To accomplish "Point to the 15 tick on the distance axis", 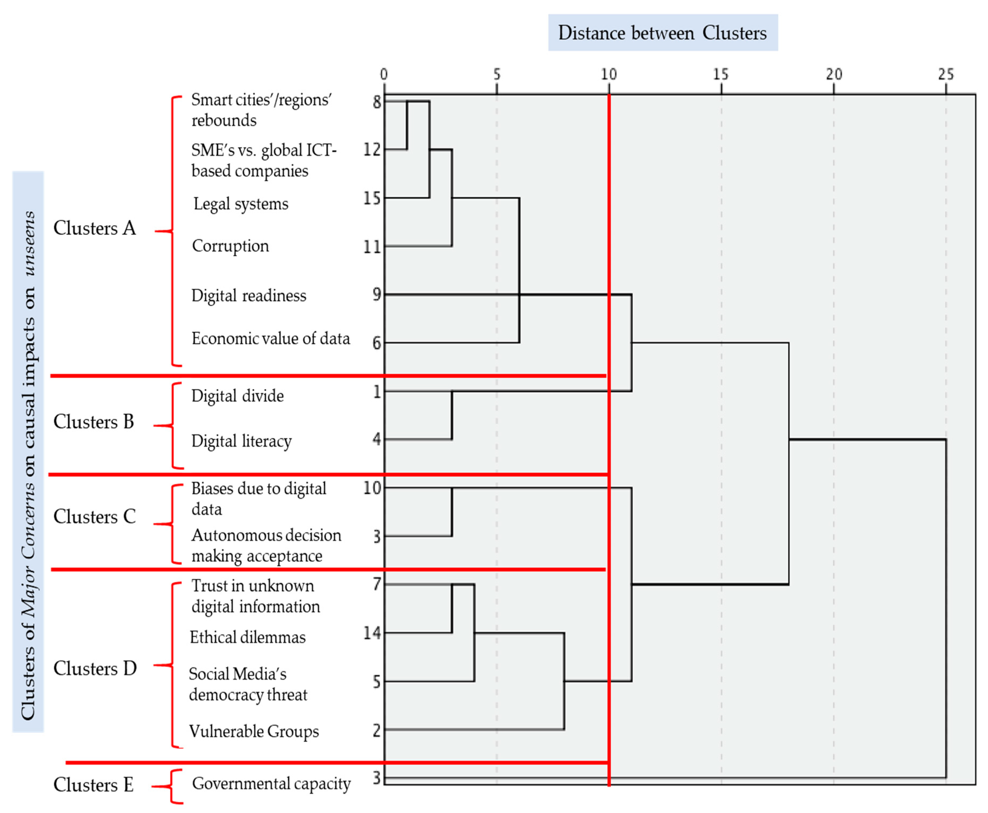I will coord(721,74).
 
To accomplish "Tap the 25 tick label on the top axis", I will coord(945,74).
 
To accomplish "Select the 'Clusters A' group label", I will coord(95,228).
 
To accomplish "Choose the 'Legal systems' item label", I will coord(241,204).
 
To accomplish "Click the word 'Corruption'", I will coord(230,246).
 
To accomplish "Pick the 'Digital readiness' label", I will coord(249,296).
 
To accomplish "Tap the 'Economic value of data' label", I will coord(271,338).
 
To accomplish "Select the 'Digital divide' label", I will coord(237,396).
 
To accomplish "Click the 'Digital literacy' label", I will coord(241,441).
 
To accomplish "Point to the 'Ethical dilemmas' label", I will coord(247,638).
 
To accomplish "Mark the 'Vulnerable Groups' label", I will coord(254,731).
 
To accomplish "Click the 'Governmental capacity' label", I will coord(271,784).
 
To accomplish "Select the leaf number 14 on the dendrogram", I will coord(372,633).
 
